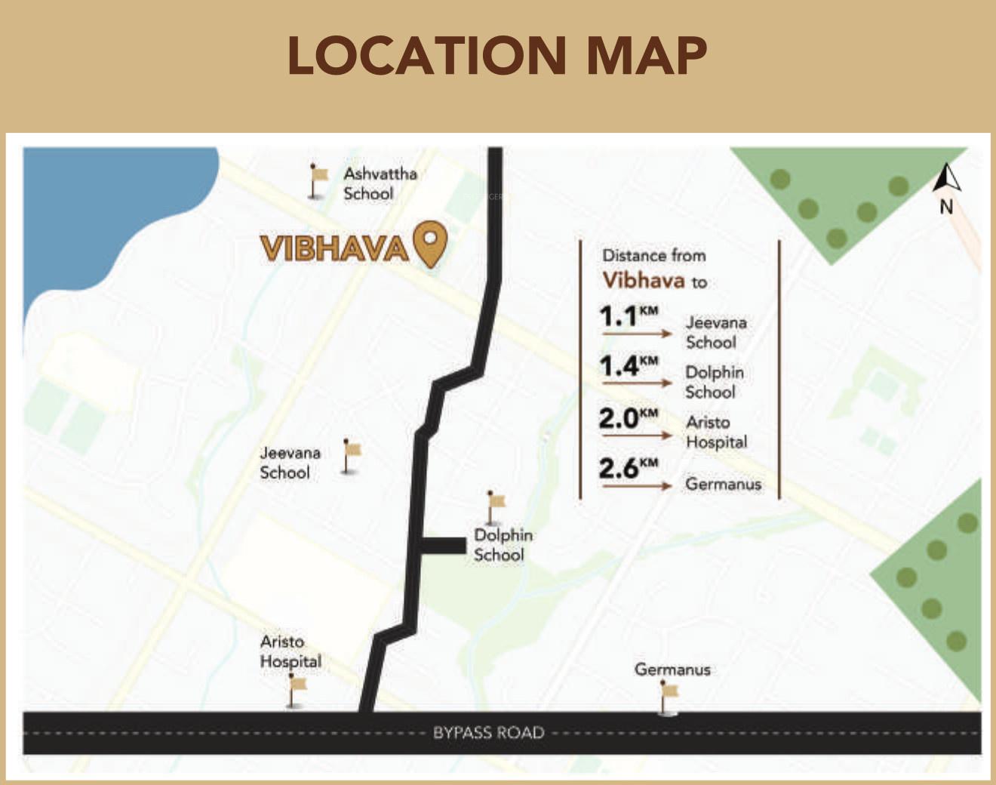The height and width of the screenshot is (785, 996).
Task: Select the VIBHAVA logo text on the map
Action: click(334, 248)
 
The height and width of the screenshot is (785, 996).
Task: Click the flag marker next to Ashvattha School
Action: click(318, 180)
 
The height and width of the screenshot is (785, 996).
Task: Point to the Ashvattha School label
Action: click(380, 183)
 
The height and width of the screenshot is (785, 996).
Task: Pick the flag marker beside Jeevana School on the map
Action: click(350, 456)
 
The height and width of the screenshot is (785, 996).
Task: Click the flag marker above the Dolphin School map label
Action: click(495, 506)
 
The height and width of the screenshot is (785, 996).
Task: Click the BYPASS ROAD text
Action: click(488, 732)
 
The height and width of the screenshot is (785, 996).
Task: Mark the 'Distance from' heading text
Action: click(653, 256)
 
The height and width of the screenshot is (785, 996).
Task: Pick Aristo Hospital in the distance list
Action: click(716, 432)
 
